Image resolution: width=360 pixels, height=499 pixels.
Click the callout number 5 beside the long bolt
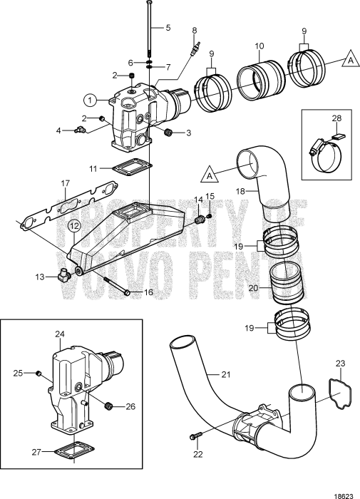coord(168,28)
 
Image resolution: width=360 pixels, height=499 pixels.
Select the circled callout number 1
coord(90,100)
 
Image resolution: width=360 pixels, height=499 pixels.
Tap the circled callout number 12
coord(73,226)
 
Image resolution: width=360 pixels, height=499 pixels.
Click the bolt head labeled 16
coord(127,291)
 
